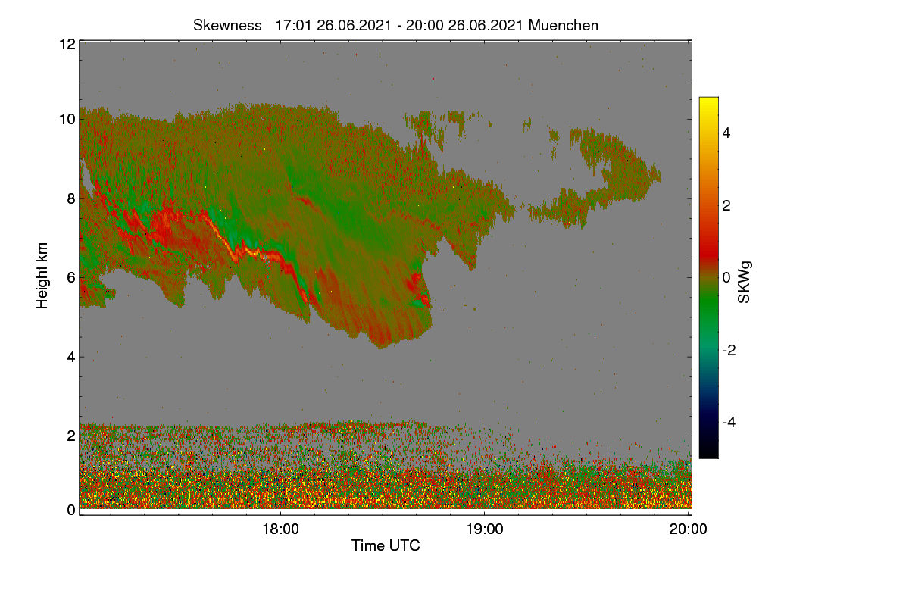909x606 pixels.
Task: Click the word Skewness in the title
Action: (227, 26)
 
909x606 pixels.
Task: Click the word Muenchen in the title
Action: (564, 26)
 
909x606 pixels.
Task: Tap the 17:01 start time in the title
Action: (293, 26)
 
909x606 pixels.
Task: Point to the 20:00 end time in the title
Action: (424, 26)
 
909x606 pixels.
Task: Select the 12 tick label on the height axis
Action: (67, 44)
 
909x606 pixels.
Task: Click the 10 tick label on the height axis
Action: (67, 120)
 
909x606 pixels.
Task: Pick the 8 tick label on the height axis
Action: (71, 198)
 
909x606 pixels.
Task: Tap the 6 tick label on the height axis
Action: (71, 278)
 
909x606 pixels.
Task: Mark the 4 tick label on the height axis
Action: (71, 358)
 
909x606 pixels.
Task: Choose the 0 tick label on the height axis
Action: (71, 511)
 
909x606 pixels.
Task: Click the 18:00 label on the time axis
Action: (280, 529)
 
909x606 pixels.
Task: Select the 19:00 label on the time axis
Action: (485, 529)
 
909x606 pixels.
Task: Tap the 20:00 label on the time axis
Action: (689, 529)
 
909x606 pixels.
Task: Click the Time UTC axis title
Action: (386, 545)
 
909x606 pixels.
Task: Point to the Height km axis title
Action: (42, 276)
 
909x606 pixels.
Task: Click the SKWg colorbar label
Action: (745, 282)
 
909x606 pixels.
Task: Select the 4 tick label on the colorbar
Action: (726, 133)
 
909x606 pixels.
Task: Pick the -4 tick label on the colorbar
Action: (729, 423)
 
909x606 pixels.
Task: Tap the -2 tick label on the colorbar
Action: (729, 350)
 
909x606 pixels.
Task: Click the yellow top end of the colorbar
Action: (708, 98)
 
